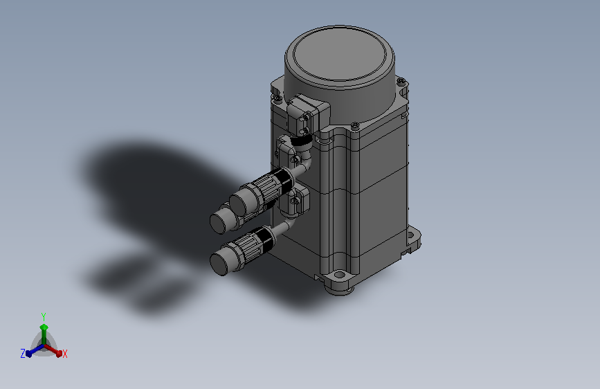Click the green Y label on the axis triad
[x=43, y=316]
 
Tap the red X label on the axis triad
[x=64, y=354]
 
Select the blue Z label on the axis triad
[x=23, y=354]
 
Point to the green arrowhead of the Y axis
[x=44, y=327]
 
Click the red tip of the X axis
[x=59, y=354]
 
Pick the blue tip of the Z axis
[x=28, y=354]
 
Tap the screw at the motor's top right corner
[x=401, y=81]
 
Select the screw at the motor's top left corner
[x=279, y=98]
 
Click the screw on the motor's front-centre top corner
[x=355, y=125]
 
